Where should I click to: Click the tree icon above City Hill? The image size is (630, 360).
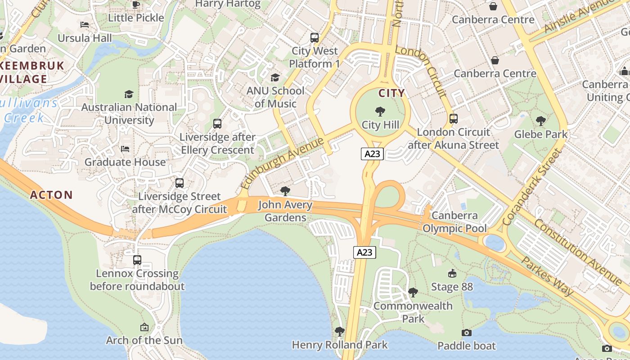click(x=380, y=111)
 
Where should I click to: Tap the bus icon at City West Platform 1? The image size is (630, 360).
click(x=315, y=38)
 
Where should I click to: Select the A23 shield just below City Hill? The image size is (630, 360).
click(x=373, y=154)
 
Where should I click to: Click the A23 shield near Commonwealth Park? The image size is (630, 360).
click(x=364, y=252)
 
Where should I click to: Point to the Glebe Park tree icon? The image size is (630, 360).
click(x=540, y=121)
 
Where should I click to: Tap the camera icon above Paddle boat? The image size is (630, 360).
click(x=467, y=333)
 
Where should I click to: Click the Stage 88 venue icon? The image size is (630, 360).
click(x=452, y=273)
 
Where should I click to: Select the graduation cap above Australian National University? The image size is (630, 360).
click(x=129, y=94)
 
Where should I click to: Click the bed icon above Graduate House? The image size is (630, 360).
click(x=125, y=149)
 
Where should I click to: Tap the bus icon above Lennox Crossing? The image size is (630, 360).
click(x=137, y=260)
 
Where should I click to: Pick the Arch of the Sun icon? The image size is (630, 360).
click(x=144, y=327)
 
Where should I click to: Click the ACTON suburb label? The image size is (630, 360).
click(x=51, y=195)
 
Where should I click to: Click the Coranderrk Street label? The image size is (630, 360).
click(x=532, y=187)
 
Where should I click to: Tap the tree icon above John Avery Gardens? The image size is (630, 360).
click(x=285, y=191)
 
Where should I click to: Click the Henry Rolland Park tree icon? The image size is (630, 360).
click(x=340, y=332)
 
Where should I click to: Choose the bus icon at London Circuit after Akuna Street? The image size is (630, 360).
click(x=454, y=119)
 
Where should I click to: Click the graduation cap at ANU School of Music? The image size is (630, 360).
click(x=275, y=77)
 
